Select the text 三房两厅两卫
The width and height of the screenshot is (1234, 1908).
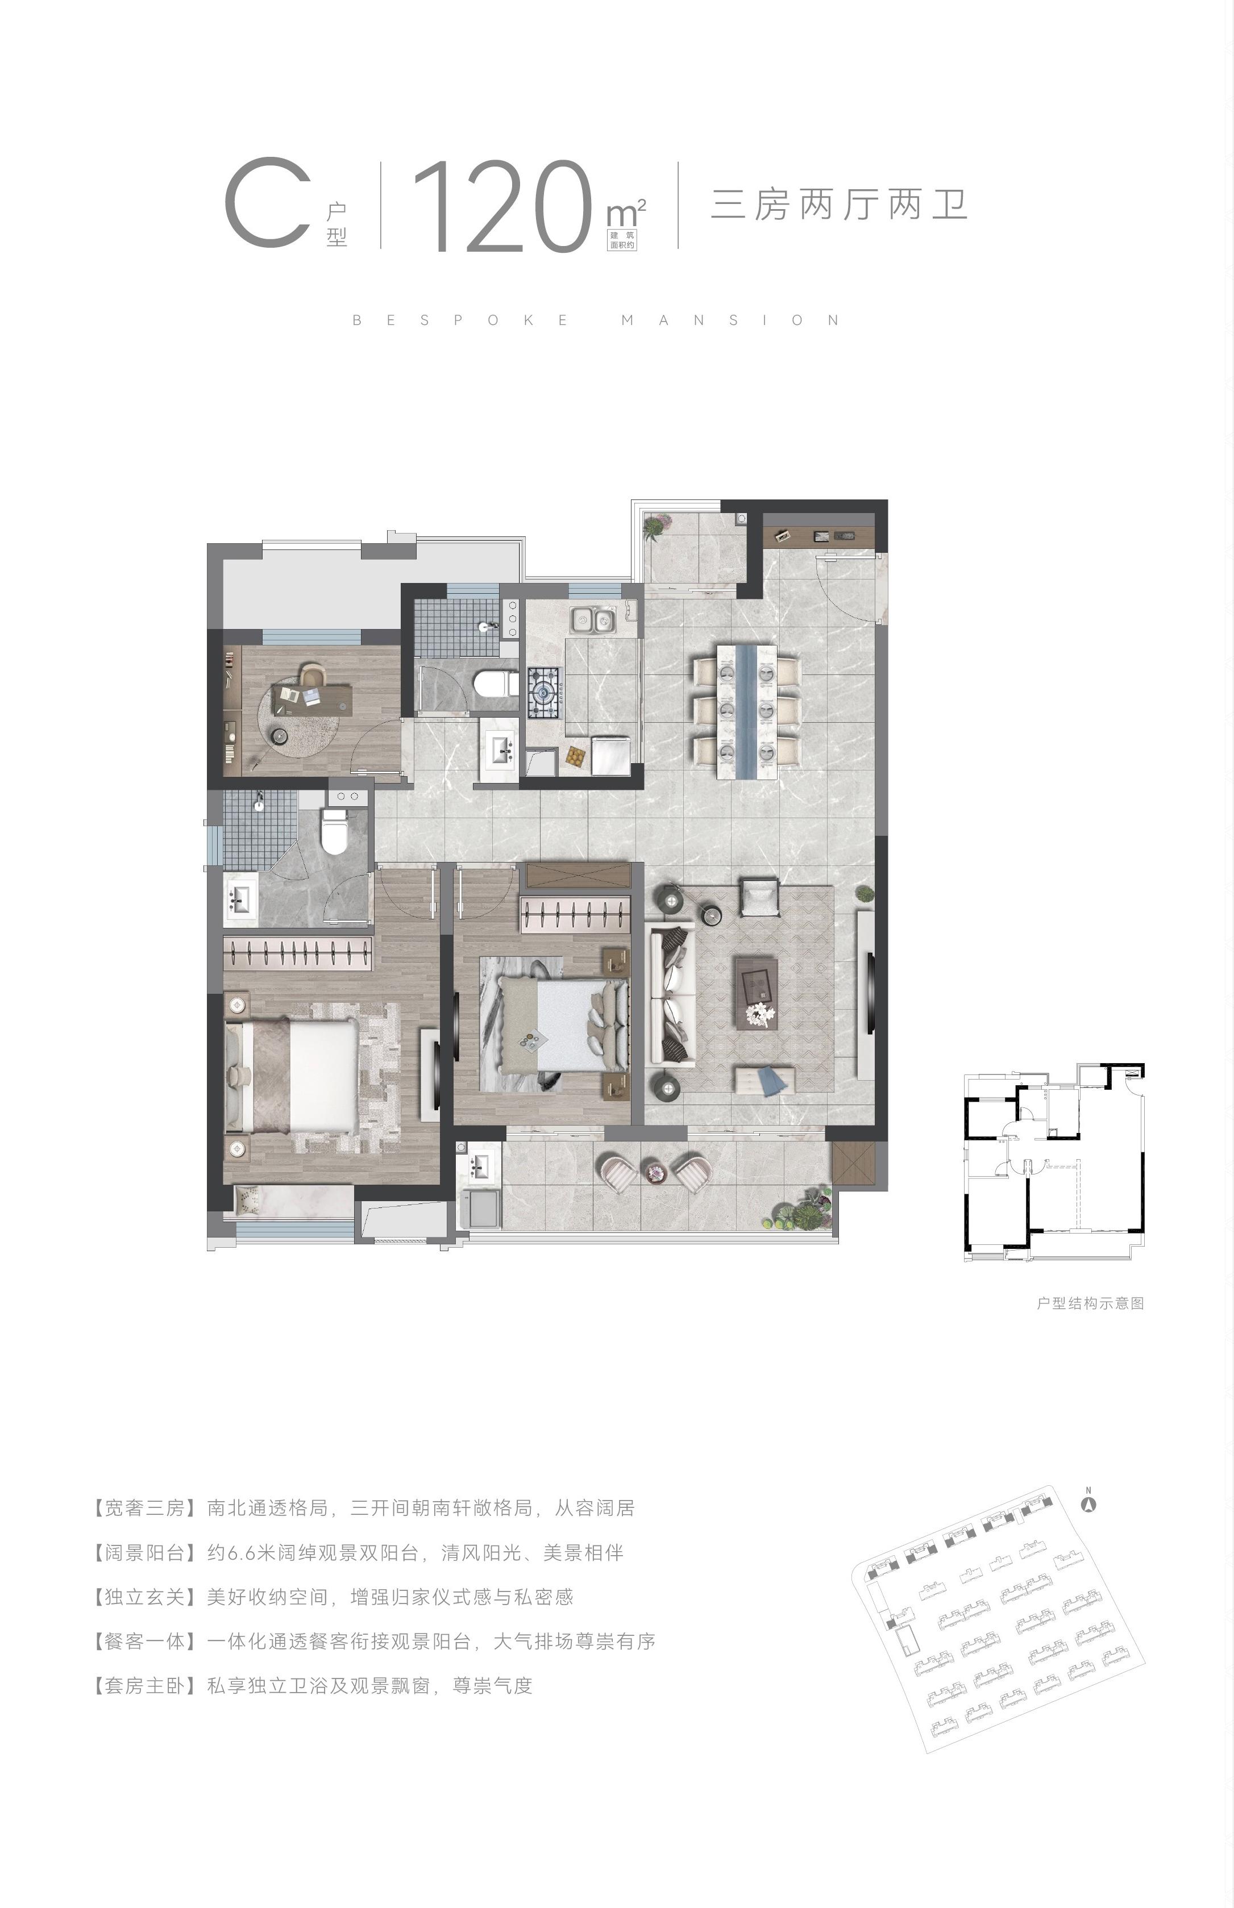pos(839,204)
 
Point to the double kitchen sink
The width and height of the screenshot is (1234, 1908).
pos(592,619)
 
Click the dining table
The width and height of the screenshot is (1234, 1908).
pos(747,710)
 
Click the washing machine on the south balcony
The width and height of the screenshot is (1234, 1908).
pos(481,1208)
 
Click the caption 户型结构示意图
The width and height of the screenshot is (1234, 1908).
pos(1090,1303)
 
